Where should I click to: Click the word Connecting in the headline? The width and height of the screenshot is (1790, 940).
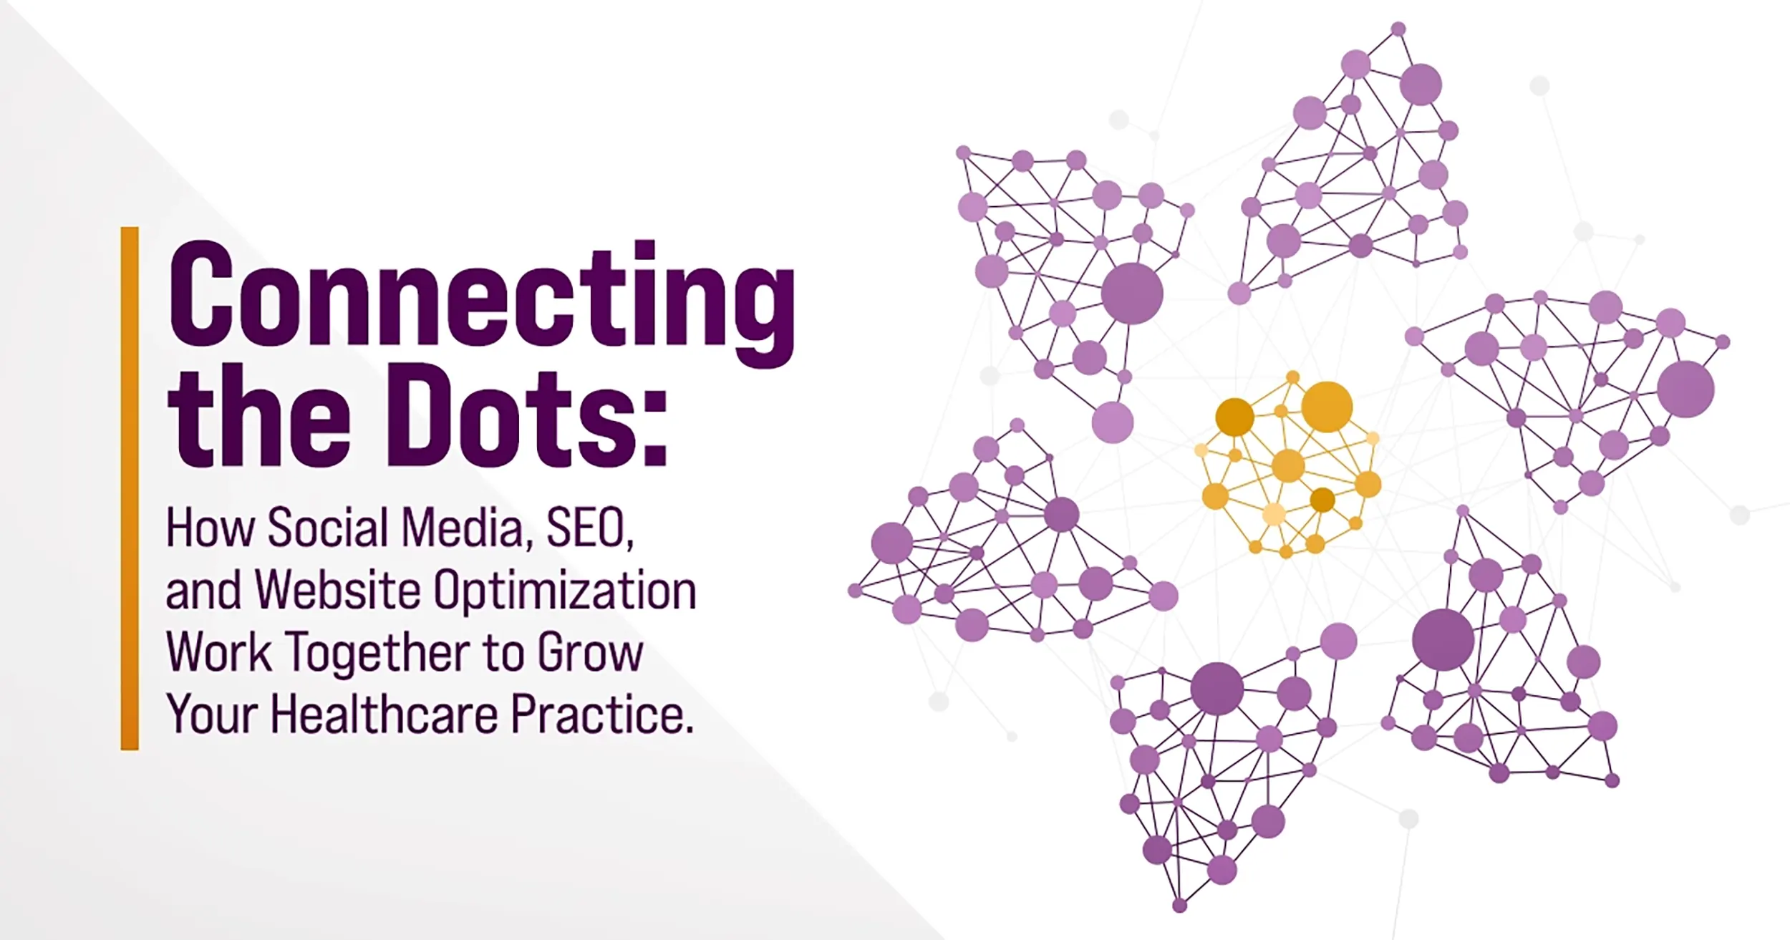coord(481,297)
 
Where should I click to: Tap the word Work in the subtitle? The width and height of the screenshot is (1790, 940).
coord(218,654)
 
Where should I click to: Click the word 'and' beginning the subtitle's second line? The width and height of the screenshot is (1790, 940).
coord(203,591)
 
